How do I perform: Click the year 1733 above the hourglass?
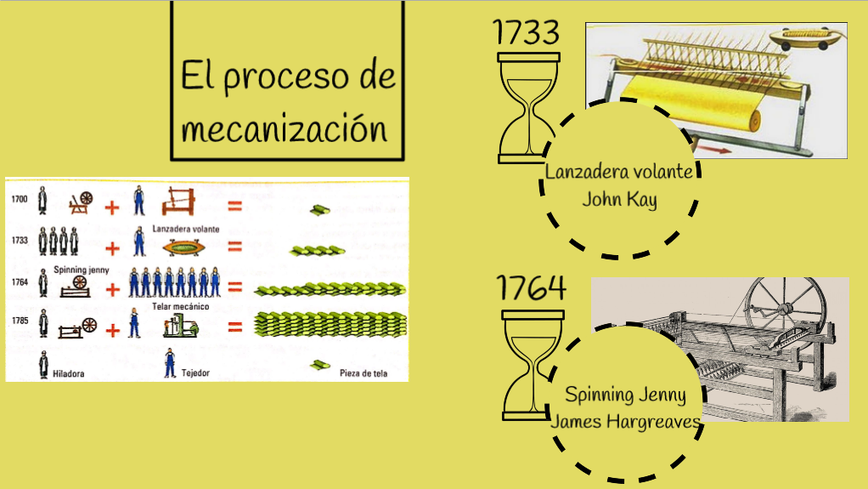tap(526, 32)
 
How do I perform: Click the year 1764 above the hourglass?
tap(531, 289)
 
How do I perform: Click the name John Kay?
tap(619, 200)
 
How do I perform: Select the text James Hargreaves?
tap(626, 421)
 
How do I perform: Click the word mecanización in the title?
tap(285, 130)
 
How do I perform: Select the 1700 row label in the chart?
tap(20, 200)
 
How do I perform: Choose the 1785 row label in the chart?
tap(20, 321)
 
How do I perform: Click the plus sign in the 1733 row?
tap(112, 249)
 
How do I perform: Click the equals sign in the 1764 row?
tap(235, 288)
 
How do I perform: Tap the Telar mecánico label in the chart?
tap(181, 306)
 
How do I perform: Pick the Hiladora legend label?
tap(67, 373)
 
